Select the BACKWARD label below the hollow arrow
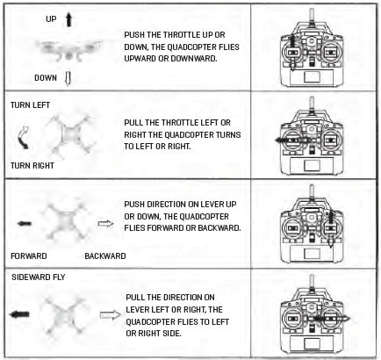104,256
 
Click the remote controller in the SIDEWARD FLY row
318,317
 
